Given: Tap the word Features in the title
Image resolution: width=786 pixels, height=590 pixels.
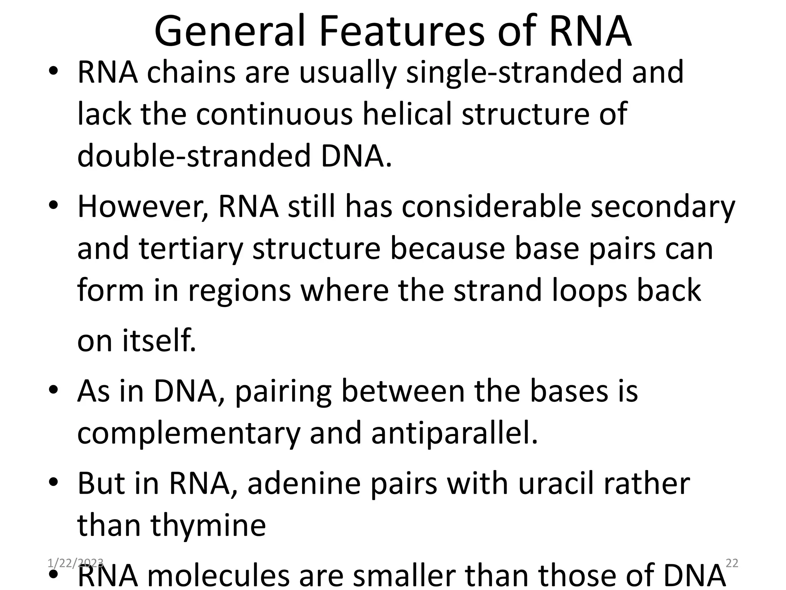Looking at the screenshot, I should (402, 31).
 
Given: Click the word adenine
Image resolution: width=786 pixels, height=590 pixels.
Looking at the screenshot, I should (304, 483).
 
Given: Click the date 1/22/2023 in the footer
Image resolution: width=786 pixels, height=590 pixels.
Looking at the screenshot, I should (76, 563).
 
